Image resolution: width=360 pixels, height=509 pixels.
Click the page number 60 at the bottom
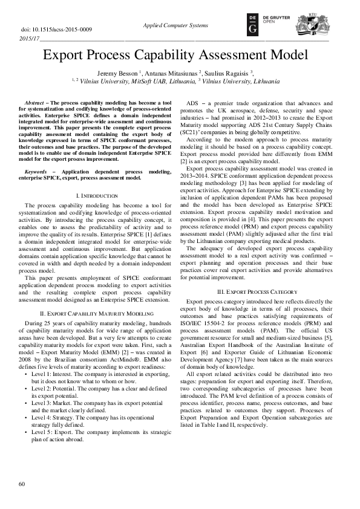point(22,484)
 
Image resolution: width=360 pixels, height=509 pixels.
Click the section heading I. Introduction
point(96,180)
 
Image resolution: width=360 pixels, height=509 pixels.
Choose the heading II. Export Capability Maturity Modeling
point(96,314)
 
